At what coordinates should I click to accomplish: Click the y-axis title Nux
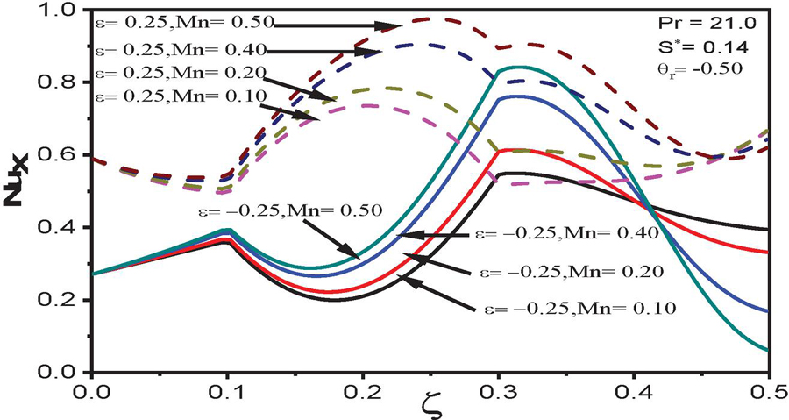[18, 189]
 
